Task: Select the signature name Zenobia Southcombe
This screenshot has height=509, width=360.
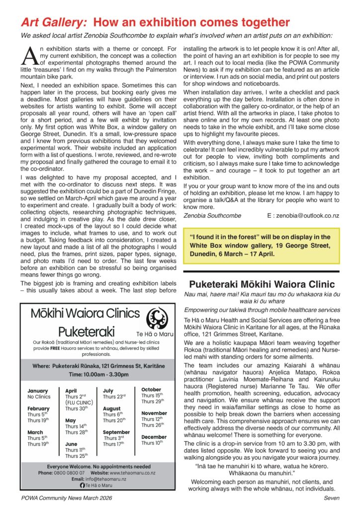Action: pyautogui.click(x=212, y=216)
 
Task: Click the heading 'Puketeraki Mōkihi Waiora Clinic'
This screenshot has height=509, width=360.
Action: pyautogui.click(x=261, y=284)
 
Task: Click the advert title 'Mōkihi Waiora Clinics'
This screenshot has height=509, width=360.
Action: pyautogui.click(x=85, y=314)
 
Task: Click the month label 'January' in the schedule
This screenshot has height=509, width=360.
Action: pyautogui.click(x=38, y=391)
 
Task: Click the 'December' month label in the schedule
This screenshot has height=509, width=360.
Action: pyautogui.click(x=154, y=437)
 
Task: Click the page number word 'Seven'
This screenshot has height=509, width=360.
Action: pyautogui.click(x=331, y=498)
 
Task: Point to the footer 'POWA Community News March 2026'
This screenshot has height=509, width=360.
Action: pyautogui.click(x=66, y=498)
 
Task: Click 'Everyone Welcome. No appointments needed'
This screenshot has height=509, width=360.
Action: pyautogui.click(x=98, y=466)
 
